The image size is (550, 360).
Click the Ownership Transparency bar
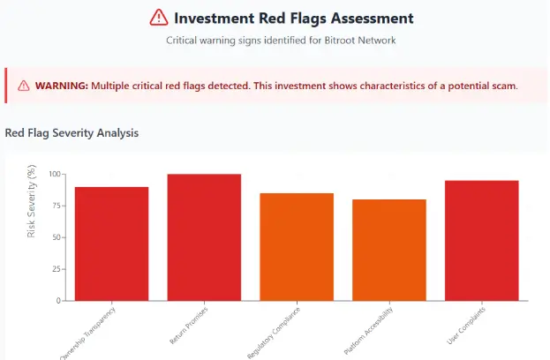click(111, 244)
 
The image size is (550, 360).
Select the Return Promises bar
click(204, 237)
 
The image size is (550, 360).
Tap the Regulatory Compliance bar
click(297, 246)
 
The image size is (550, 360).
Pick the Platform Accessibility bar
click(389, 250)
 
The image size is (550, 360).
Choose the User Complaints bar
click(482, 240)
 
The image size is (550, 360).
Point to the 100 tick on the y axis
click(56, 175)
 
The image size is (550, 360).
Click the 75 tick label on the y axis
click(57, 206)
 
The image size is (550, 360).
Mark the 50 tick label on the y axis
click(57, 237)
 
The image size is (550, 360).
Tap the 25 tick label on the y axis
click(57, 269)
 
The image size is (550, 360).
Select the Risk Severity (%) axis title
click(33, 202)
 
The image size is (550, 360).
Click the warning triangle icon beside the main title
click(158, 18)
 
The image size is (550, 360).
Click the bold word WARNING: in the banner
click(61, 86)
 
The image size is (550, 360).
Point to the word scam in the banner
click(503, 86)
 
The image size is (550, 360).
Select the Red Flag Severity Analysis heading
click(72, 133)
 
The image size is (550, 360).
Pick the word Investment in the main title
click(216, 18)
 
